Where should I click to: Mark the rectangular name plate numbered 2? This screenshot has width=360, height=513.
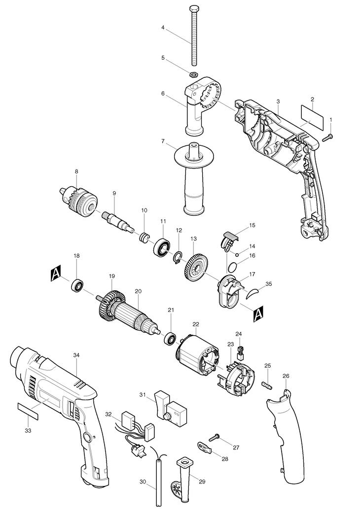[x=312, y=117]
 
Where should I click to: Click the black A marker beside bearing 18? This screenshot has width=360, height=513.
[x=56, y=273]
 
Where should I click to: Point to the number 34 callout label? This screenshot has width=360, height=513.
[x=76, y=355]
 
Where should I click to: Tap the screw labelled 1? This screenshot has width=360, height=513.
[x=327, y=138]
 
